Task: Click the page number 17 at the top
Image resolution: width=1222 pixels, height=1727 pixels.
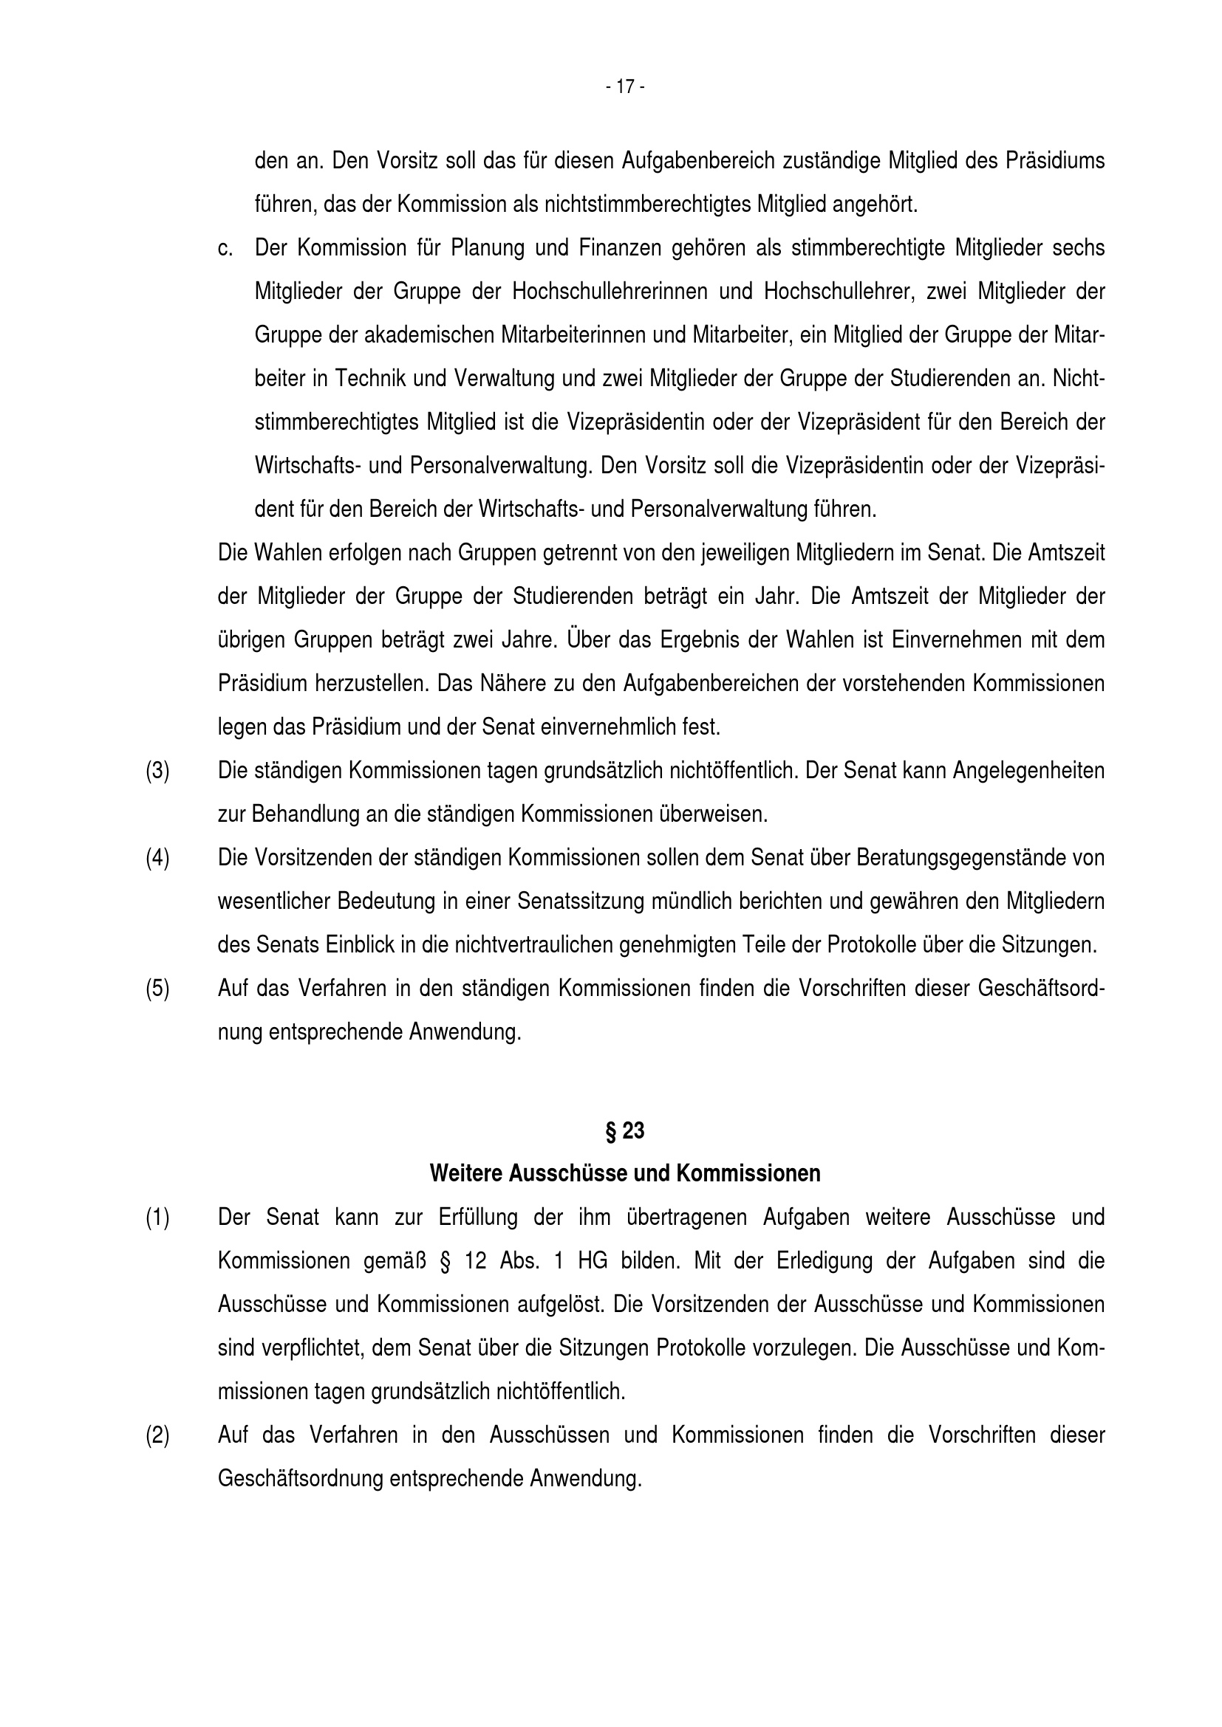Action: [x=624, y=87]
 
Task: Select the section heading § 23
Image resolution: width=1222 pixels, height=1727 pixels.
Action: [x=624, y=1130]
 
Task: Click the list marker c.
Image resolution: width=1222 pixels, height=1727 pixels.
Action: [x=225, y=248]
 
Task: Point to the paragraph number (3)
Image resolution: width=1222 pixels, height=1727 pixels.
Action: [x=157, y=771]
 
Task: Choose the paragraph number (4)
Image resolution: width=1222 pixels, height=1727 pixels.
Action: [x=157, y=858]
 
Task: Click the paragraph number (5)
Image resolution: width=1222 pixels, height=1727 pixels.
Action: [x=157, y=989]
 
